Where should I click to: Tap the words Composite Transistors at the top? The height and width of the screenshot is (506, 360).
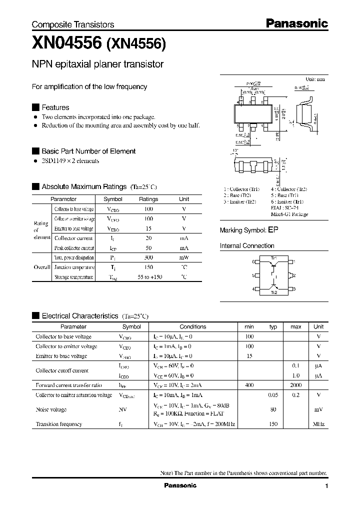coord(73,24)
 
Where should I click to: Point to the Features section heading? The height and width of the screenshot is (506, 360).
coord(55,107)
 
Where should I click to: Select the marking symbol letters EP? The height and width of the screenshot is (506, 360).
coord(272,230)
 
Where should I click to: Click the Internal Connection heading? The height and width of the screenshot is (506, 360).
coord(247,246)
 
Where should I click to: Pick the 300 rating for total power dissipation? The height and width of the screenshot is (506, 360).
coord(148,257)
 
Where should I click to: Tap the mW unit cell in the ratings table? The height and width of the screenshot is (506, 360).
coord(184,257)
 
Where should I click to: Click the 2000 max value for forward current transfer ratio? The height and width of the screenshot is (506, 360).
coord(295,385)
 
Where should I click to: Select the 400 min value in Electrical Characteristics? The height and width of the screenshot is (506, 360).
coord(249,385)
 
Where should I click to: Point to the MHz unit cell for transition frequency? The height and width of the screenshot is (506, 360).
coord(318,424)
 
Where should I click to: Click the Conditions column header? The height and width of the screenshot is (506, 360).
coord(192,326)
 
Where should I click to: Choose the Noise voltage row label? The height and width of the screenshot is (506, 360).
coord(51,409)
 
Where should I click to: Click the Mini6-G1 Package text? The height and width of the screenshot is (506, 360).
coord(289,214)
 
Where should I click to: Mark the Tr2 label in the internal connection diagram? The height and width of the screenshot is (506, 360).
coord(273,292)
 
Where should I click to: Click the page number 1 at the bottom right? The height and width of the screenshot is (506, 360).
coord(326,486)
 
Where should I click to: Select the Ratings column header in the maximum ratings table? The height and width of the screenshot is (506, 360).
coord(148,199)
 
